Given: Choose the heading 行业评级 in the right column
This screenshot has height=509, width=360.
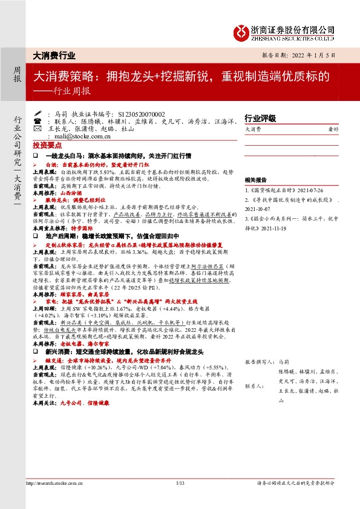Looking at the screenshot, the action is pyautogui.click(x=260, y=118).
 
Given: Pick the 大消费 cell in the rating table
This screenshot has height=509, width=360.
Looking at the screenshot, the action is pyautogui.click(x=254, y=129).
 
